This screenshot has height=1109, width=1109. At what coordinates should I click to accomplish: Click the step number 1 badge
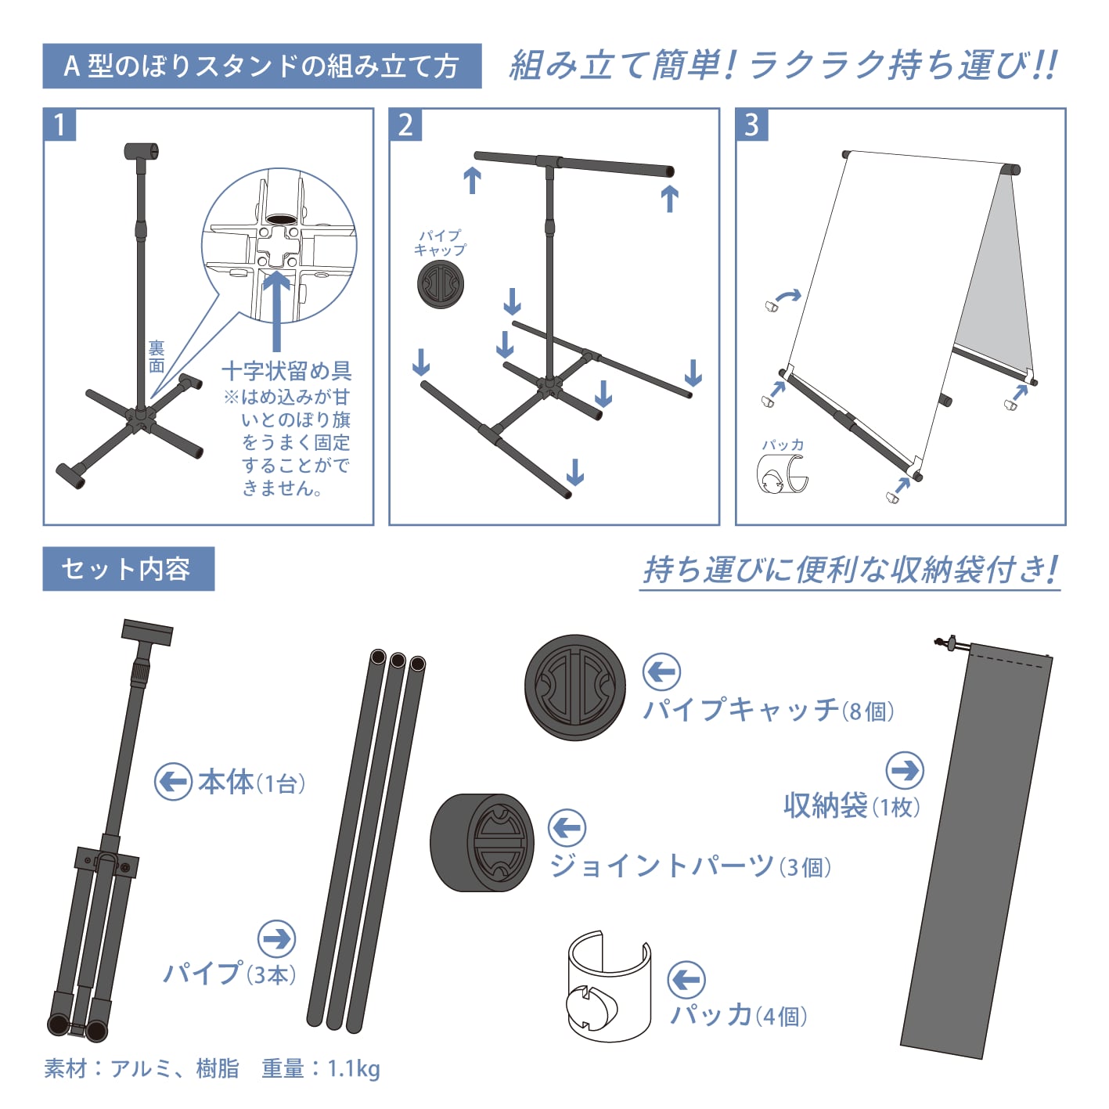59,124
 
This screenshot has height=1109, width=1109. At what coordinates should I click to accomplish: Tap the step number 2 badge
405,124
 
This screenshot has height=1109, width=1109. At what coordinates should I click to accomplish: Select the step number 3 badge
752,124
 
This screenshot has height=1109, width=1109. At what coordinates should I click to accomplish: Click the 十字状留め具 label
286,371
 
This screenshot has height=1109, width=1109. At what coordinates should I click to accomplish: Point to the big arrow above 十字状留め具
277,311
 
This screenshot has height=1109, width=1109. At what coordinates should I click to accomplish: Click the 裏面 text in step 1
157,356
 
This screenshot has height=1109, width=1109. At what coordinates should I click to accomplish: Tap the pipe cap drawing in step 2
441,284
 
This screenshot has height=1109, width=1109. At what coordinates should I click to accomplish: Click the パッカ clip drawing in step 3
782,473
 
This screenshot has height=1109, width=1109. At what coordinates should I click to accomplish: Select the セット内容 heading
128,569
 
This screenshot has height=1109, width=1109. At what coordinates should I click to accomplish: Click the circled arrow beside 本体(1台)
173,782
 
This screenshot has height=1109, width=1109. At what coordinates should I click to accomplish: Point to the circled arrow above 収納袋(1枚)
905,770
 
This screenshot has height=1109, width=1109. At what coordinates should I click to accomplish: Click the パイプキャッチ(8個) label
769,710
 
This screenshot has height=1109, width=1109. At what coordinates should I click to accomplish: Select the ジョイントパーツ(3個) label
690,866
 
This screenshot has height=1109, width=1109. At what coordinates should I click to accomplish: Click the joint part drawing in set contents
482,843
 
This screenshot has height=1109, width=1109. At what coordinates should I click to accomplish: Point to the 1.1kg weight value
353,1069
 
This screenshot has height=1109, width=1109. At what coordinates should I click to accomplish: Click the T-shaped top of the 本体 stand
147,632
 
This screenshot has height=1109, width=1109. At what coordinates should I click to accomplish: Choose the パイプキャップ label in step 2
440,243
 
